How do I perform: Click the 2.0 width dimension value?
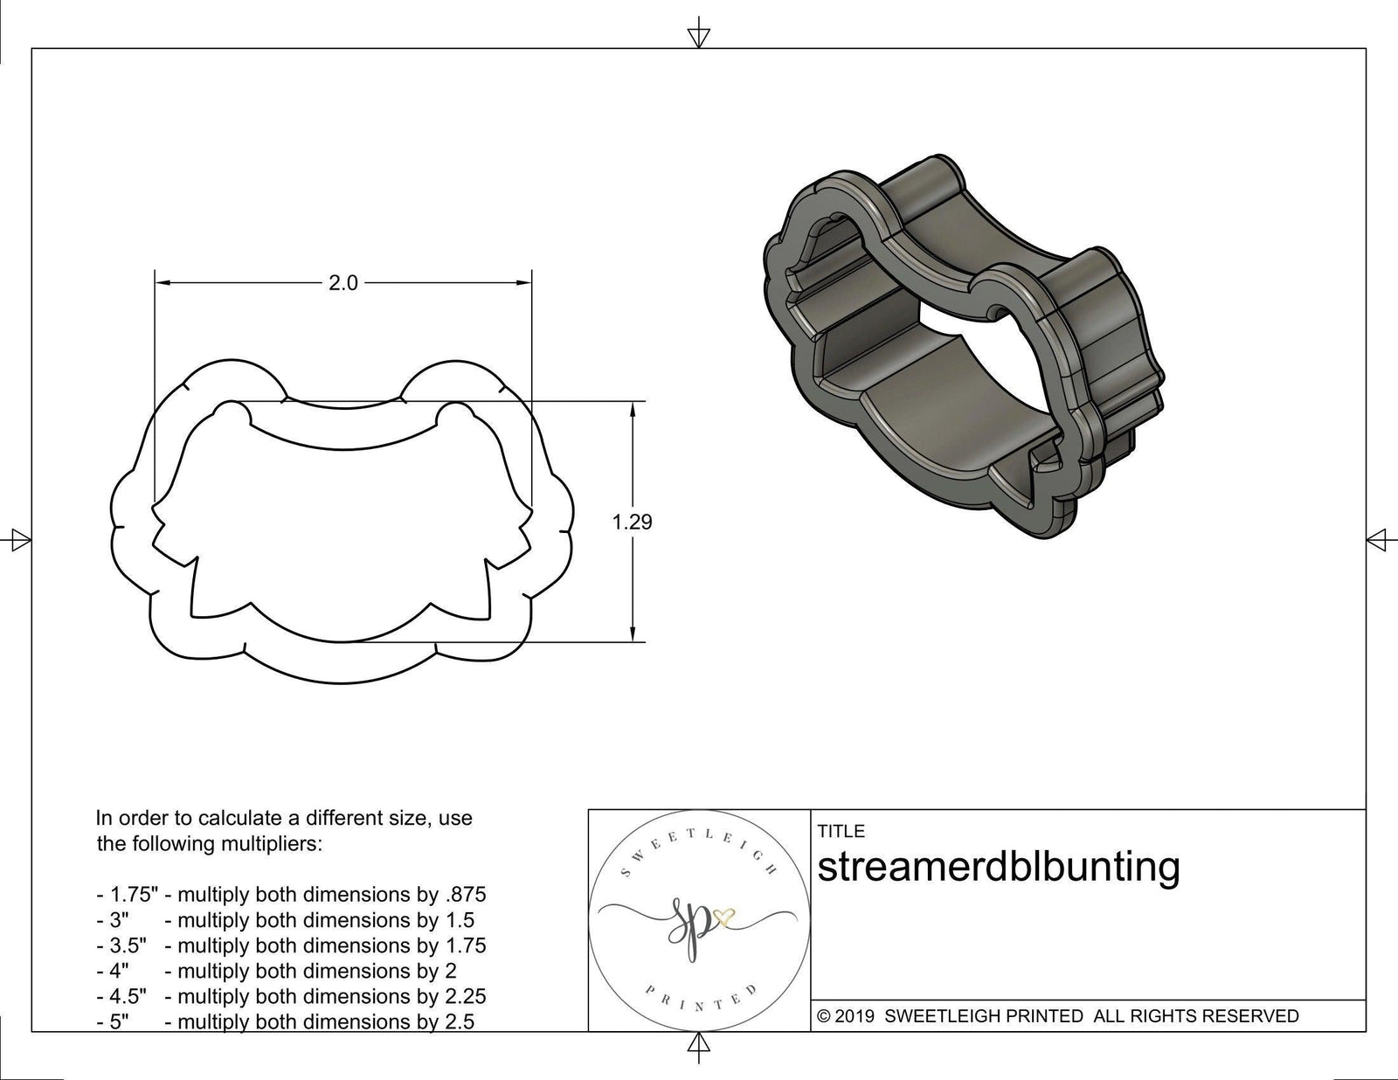[343, 283]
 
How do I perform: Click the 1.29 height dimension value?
[632, 523]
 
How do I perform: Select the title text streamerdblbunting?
[998, 867]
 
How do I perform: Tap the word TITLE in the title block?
[841, 831]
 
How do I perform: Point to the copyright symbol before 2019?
[822, 1016]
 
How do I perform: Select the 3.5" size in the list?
[128, 945]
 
